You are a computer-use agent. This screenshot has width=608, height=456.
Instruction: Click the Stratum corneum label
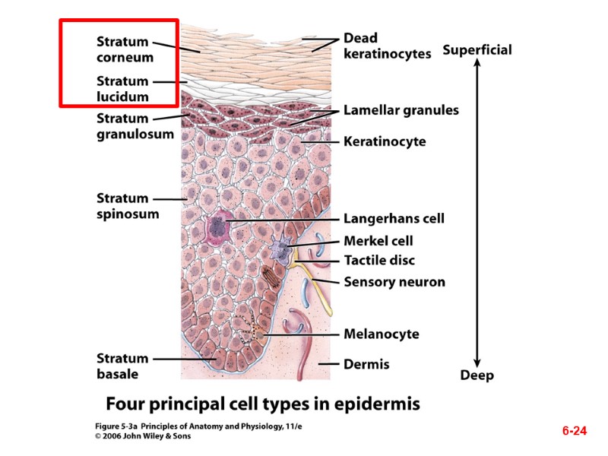click(125, 49)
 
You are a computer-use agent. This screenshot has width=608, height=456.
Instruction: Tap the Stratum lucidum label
click(122, 89)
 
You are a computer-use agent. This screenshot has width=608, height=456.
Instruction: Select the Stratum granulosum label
click(135, 126)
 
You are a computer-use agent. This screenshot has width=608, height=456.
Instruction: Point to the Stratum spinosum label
click(127, 206)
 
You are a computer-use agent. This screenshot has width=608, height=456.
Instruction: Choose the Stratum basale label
click(122, 366)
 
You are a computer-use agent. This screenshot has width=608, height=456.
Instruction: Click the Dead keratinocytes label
click(387, 46)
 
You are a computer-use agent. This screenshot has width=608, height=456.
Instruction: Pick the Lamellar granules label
click(401, 110)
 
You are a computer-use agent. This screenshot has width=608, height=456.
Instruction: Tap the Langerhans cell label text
click(394, 219)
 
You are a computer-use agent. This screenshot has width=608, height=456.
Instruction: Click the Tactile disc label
click(379, 261)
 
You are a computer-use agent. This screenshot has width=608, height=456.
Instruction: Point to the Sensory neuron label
click(394, 282)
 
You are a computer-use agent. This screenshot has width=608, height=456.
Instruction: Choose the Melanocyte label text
click(381, 334)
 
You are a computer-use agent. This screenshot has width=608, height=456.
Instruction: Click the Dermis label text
click(366, 364)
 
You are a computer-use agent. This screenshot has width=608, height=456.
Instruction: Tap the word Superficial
click(477, 50)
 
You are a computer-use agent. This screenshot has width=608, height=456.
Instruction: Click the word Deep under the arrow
click(477, 375)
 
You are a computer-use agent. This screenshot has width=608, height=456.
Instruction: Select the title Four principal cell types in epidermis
click(262, 403)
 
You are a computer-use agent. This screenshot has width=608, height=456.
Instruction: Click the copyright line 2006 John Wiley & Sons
click(143, 436)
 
